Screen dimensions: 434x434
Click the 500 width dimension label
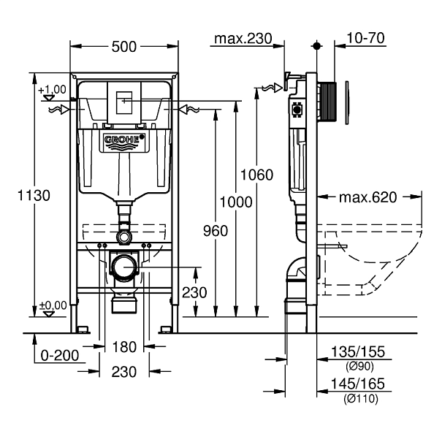124,46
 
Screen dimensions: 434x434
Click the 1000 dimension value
236,202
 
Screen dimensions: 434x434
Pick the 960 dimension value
216,231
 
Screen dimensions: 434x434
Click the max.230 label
241,38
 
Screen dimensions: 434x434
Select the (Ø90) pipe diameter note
363,366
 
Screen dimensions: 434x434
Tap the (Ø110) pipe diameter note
363,398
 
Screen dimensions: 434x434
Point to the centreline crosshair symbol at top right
316,45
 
